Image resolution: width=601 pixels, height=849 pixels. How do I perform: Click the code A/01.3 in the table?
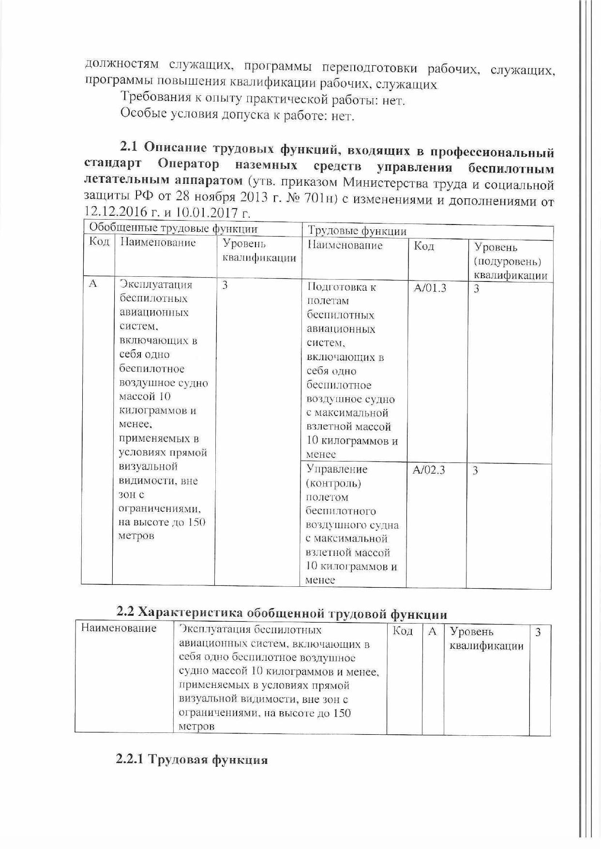(x=430, y=288)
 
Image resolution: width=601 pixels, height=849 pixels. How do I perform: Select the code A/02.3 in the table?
(x=429, y=470)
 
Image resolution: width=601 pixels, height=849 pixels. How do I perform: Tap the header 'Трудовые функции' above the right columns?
(x=357, y=231)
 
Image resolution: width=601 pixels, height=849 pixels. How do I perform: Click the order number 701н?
(x=319, y=198)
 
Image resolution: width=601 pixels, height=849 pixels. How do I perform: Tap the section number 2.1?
(x=129, y=147)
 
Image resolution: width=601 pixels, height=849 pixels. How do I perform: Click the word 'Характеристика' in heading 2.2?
(x=190, y=612)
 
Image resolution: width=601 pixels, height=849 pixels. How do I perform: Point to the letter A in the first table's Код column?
(x=93, y=284)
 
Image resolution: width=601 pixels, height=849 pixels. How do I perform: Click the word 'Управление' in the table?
(x=337, y=469)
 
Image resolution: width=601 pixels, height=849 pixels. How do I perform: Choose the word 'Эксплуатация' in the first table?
(x=156, y=284)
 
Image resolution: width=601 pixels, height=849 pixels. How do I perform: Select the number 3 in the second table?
(x=538, y=632)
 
